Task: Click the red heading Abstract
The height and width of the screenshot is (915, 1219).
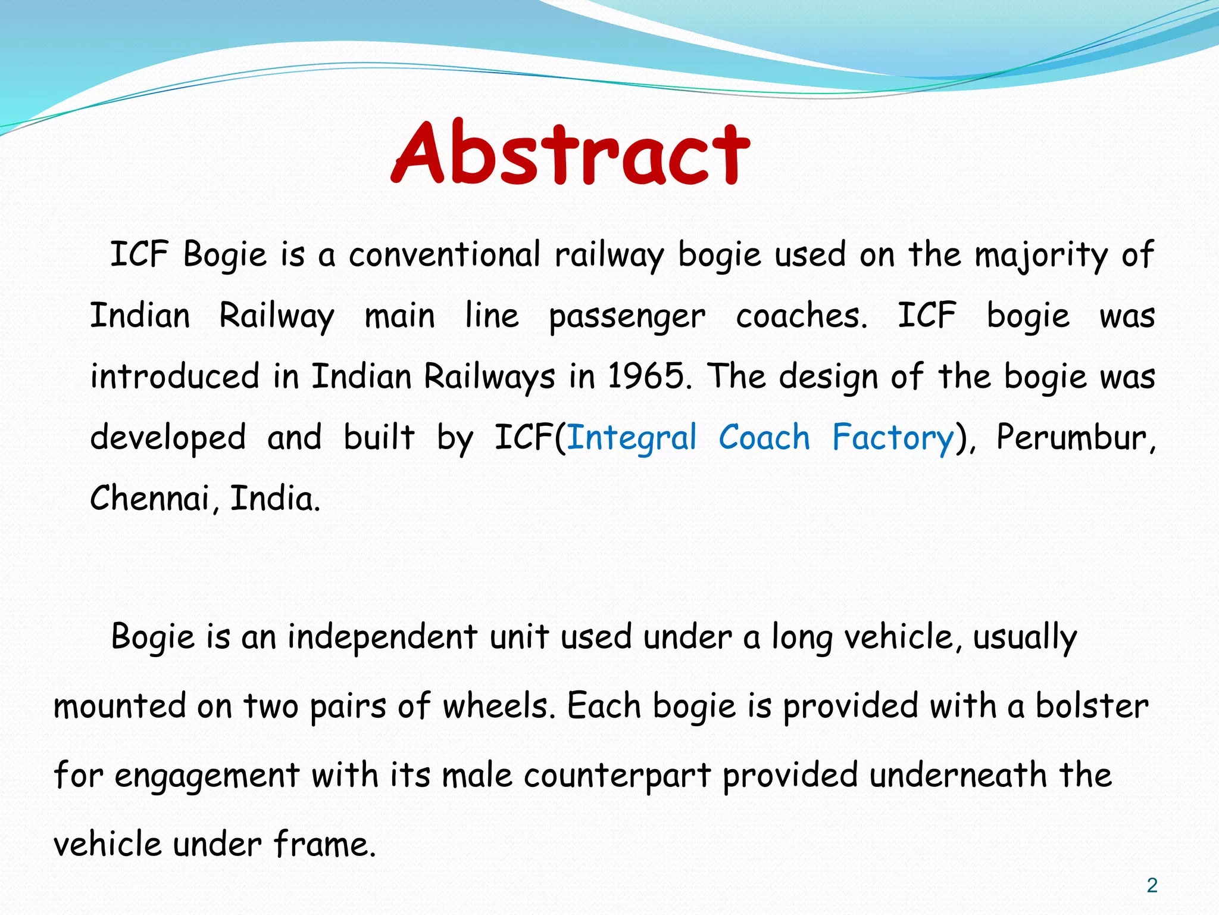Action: pyautogui.click(x=570, y=152)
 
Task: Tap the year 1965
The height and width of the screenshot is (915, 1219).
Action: pyautogui.click(x=648, y=376)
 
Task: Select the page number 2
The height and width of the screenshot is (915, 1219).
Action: pyautogui.click(x=1152, y=886)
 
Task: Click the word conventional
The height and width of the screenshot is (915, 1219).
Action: pyautogui.click(x=444, y=255)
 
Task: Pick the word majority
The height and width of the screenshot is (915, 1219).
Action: pyautogui.click(x=1041, y=255)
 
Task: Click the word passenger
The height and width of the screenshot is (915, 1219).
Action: pyautogui.click(x=626, y=316)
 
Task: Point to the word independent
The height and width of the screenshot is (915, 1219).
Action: pyautogui.click(x=382, y=636)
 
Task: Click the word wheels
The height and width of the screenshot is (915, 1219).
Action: pyautogui.click(x=499, y=706)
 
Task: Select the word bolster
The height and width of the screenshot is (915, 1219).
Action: pyautogui.click(x=1092, y=706)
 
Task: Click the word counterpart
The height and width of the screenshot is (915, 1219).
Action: pyautogui.click(x=617, y=776)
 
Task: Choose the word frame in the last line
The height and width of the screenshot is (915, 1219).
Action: pyautogui.click(x=324, y=845)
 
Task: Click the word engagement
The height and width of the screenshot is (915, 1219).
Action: pyautogui.click(x=207, y=776)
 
